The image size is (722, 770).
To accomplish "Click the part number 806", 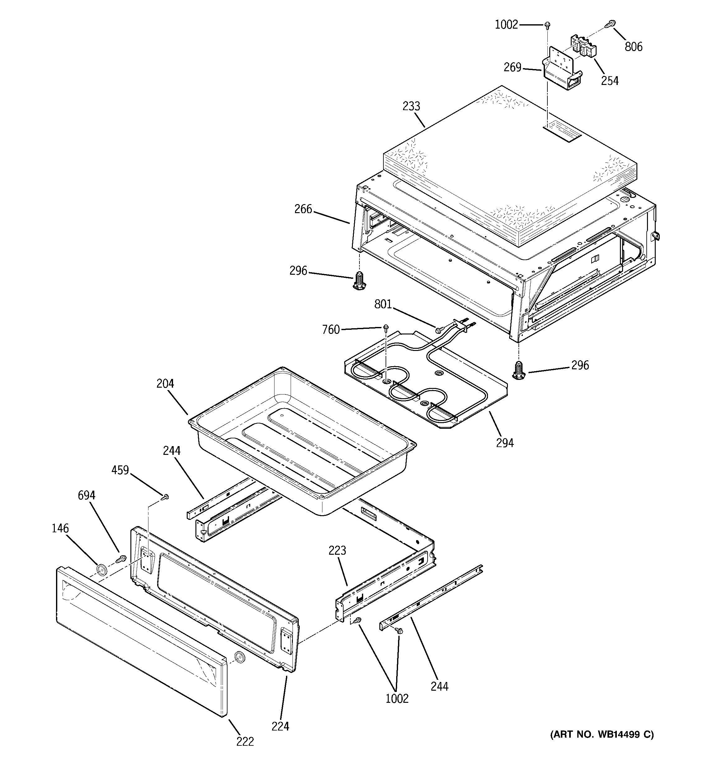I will pos(633,47).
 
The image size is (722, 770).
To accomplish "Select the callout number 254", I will pos(610,81).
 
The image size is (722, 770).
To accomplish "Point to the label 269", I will pos(512,68).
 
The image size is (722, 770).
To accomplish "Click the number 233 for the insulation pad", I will pos(411,106).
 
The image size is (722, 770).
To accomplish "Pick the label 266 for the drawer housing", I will pos(303,209).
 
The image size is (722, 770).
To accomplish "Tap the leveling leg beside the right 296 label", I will pos(518,370).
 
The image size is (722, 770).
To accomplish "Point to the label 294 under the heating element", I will pos(504,443).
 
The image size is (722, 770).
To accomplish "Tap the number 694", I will pos(87,495).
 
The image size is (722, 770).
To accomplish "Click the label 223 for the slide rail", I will pos(337,550).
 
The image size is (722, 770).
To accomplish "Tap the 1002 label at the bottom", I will pos(397,698).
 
